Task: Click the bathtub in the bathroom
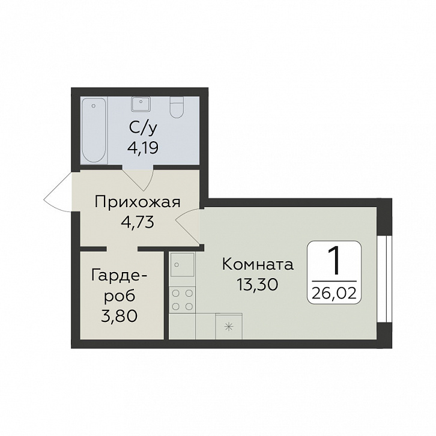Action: coord(94,130)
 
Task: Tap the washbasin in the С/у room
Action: coord(141,104)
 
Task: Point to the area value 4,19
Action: coord(143,148)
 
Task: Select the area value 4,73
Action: coord(138,222)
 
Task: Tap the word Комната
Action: coord(258,264)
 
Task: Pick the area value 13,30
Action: coord(258,284)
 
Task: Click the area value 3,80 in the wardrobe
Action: coord(120,316)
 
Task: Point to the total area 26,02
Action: coord(334,293)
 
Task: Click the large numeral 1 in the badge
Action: coord(335,261)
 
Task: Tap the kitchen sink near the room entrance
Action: coord(182,264)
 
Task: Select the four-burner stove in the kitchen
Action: coord(182,300)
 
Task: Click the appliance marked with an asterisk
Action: coord(229,327)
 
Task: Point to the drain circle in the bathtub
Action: coord(94,106)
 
